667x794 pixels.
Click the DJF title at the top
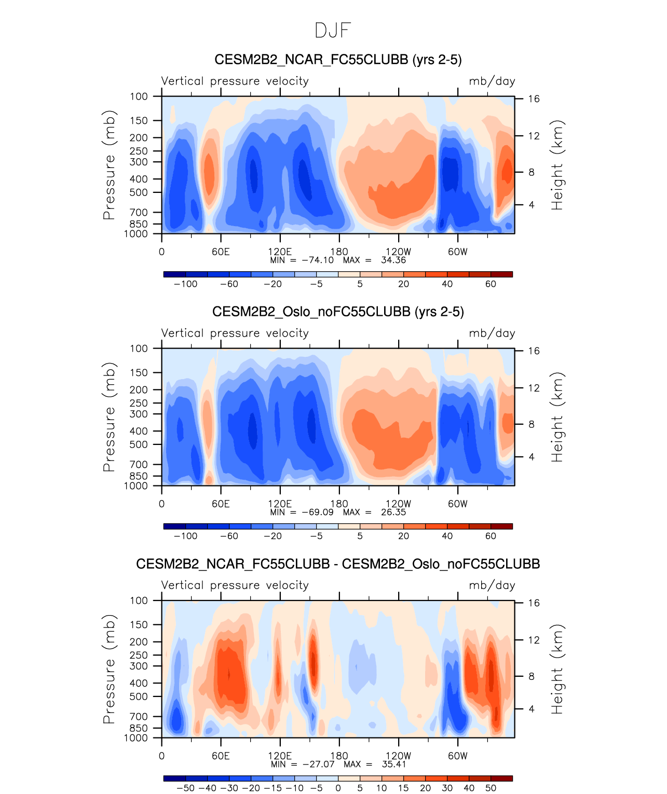pos(333,31)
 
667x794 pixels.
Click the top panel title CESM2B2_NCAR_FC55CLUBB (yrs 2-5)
pos(338,60)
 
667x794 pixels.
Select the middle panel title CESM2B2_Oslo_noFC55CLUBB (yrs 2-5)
pos(338,312)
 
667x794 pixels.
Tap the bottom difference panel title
pos(338,564)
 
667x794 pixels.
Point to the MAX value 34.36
pos(393,260)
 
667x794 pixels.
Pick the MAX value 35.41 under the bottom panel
pos(393,764)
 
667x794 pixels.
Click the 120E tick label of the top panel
pos(280,252)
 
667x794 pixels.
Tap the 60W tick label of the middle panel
pos(457,504)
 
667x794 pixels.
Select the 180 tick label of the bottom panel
pos(339,756)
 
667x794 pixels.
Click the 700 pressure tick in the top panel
pos(139,212)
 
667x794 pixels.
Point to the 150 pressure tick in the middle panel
pos(139,372)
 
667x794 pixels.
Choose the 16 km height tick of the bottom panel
pos(534,603)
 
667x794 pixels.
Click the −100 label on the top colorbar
pos(185,284)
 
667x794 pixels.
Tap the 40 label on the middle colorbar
pos(447,536)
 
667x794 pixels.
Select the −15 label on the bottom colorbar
pos(273,788)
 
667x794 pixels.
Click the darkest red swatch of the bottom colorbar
pos(501,778)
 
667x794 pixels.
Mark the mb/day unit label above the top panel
pos(492,81)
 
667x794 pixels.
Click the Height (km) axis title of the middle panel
pos(557,417)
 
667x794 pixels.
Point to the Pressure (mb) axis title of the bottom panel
pos(109,669)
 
